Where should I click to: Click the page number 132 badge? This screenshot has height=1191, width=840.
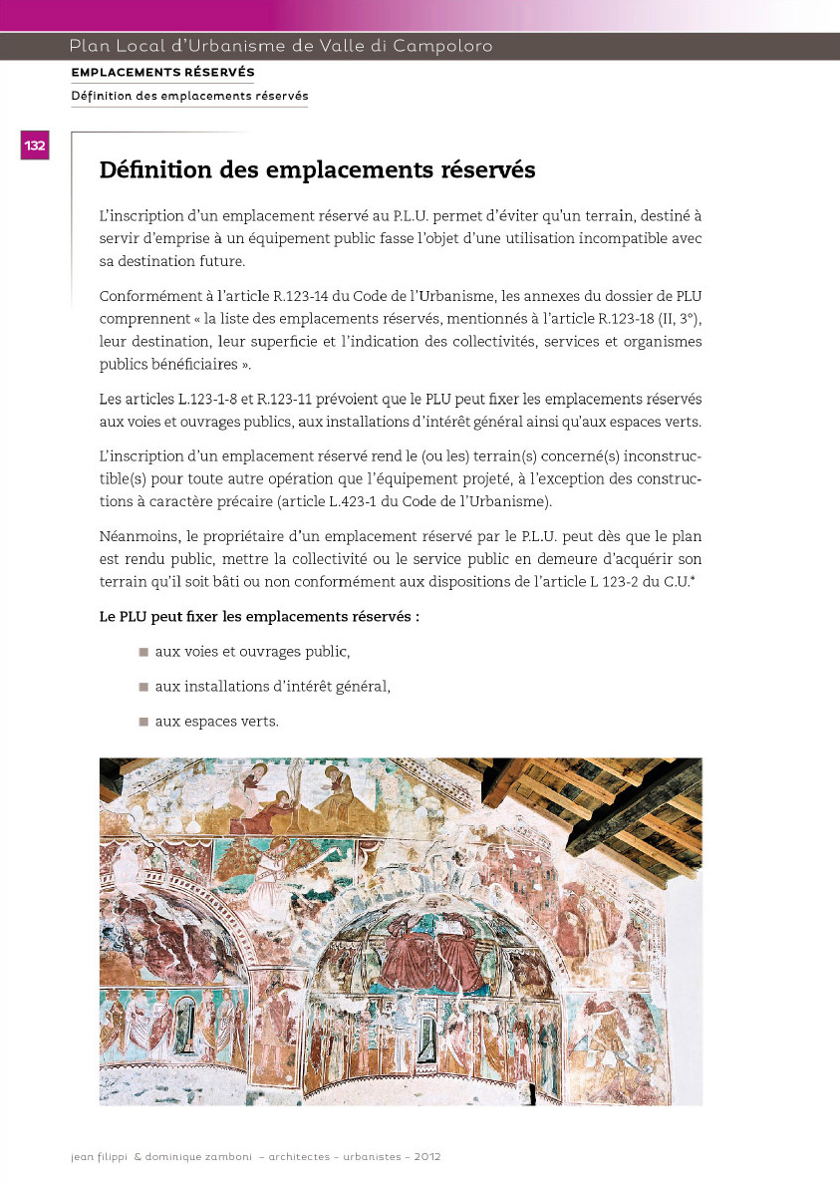35,146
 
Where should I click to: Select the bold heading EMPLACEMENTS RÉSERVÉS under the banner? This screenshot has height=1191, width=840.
162,73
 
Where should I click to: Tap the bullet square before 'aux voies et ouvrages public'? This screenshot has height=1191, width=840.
143,652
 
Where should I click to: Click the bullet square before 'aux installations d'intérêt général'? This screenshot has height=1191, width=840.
143,687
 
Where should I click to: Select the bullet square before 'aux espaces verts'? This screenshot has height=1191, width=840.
143,722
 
